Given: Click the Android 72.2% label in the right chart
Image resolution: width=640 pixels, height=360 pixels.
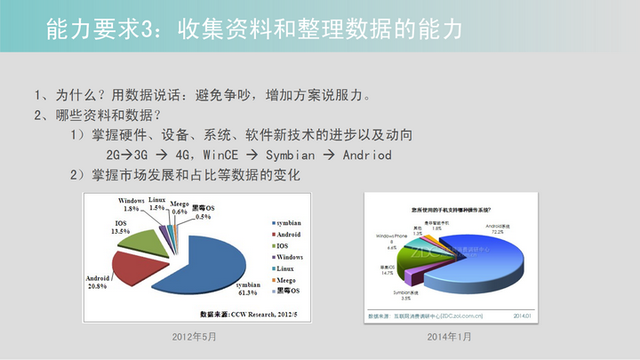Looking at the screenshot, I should click(x=500, y=230).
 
